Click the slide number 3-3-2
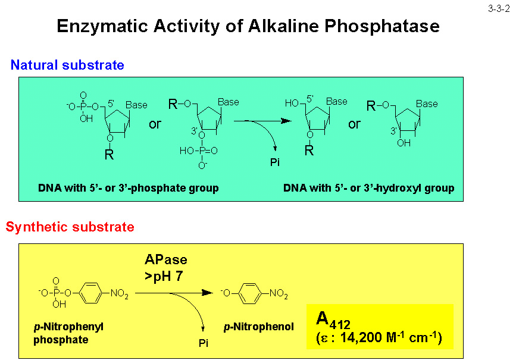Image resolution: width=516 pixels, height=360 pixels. point(498,8)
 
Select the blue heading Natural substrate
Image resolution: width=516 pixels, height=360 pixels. point(67,65)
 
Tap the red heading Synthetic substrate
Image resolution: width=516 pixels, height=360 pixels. point(70,227)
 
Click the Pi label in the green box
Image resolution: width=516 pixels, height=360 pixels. point(274,162)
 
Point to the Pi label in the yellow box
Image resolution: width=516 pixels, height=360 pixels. point(204,343)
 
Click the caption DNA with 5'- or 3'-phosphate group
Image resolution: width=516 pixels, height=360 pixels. point(128,188)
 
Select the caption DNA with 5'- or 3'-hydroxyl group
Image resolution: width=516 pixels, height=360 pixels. point(368,188)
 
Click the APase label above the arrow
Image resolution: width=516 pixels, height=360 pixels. point(165,259)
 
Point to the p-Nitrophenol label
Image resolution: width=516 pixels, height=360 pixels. point(258,327)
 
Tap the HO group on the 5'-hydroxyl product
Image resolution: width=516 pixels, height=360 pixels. point(291,104)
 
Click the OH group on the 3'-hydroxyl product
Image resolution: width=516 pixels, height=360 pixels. point(404,143)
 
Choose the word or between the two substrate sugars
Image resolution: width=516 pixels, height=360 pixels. point(155,124)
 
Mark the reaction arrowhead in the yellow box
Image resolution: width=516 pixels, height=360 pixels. point(208,293)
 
